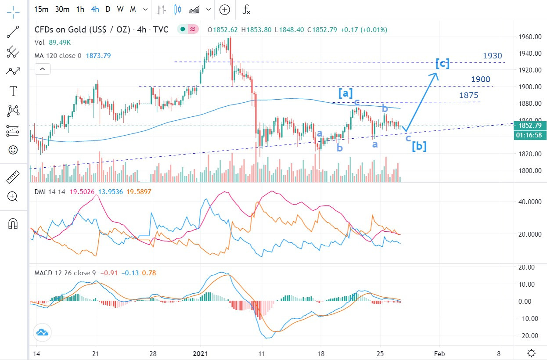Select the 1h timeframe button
tap(80, 9)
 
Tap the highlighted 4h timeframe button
tap(95, 9)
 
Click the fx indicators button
tap(247, 9)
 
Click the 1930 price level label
tap(492, 56)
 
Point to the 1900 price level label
tap(481, 79)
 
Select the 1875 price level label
tap(469, 95)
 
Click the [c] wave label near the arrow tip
tap(443, 64)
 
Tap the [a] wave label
tap(345, 93)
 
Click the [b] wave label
tap(419, 146)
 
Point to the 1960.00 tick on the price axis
tap(528, 37)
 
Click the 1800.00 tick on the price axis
tap(528, 171)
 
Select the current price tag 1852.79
tap(531, 125)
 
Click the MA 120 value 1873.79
tap(98, 56)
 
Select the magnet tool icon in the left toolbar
tap(13, 224)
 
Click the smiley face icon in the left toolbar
tap(13, 150)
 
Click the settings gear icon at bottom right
tap(531, 353)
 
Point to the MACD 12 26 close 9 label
tap(65, 273)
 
